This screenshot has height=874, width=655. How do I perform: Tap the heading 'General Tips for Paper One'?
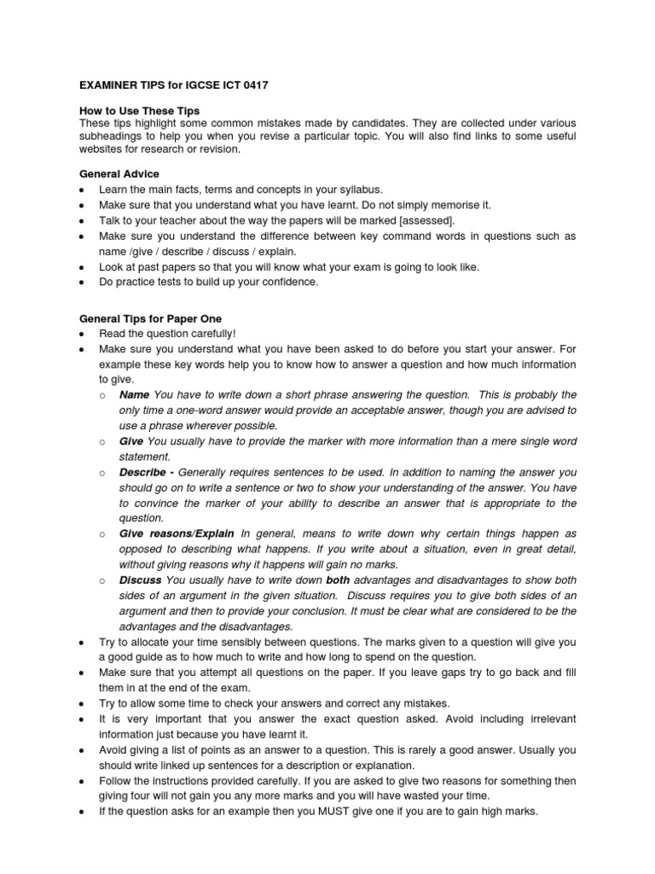(149, 318)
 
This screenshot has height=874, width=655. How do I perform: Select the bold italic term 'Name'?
(134, 394)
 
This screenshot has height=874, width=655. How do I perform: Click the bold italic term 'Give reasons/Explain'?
(177, 533)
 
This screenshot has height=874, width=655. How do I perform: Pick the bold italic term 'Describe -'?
(148, 471)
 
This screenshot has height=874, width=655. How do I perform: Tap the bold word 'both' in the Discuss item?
(339, 580)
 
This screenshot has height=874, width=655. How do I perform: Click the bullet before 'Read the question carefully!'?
(80, 334)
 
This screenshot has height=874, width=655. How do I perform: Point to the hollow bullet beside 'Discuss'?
(102, 580)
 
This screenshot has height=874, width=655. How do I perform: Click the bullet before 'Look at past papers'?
(80, 266)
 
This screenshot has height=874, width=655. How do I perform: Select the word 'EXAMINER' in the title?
(109, 85)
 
